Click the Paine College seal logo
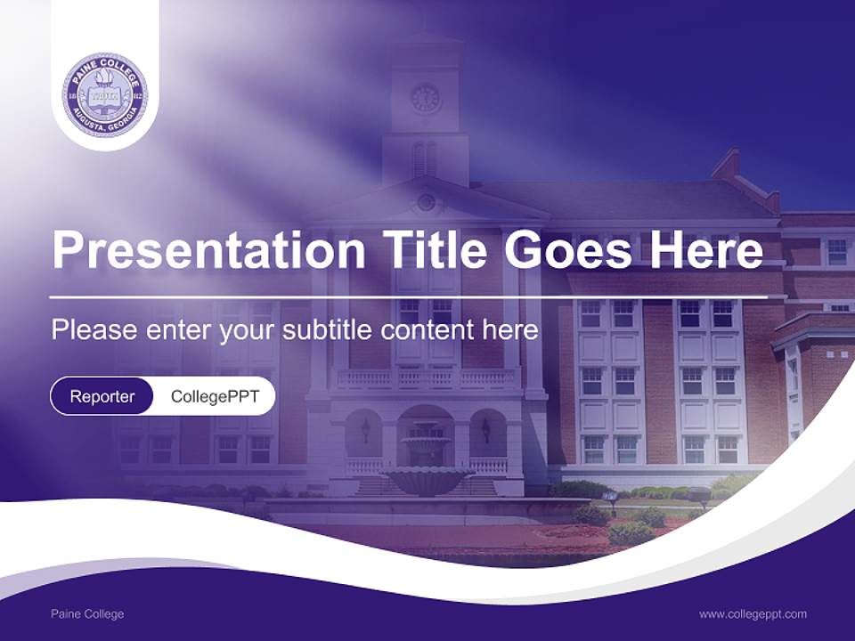[105, 95]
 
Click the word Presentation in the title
[208, 249]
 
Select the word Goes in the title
[567, 249]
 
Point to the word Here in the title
[706, 248]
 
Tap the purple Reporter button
[102, 396]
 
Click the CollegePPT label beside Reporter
[216, 396]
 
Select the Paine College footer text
[87, 614]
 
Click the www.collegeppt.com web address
[753, 614]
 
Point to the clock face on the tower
[425, 98]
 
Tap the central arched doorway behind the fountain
[426, 431]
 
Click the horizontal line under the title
[409, 297]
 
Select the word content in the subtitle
[427, 329]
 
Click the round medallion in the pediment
[426, 203]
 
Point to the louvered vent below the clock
[425, 158]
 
